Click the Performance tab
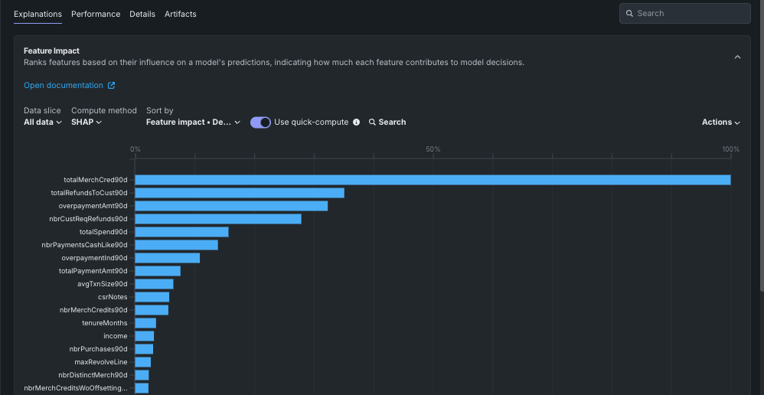point(96,14)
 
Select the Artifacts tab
point(181,14)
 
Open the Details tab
point(142,14)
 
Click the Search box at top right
point(684,14)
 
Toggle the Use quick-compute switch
point(260,122)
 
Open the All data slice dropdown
point(43,122)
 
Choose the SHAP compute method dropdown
point(87,122)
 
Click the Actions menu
point(720,122)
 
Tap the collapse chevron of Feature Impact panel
point(737,57)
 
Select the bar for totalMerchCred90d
point(433,180)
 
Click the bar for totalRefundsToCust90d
point(239,193)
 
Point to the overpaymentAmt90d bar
point(231,206)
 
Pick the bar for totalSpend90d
point(181,232)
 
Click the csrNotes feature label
point(113,297)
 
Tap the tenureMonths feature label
point(105,323)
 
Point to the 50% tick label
point(433,149)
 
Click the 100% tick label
point(730,149)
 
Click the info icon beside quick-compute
point(356,122)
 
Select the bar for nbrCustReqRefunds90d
point(217,219)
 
